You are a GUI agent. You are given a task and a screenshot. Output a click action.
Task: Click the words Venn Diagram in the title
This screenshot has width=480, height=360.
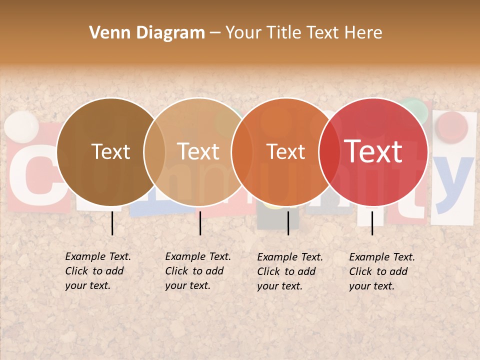pyautogui.click(x=147, y=33)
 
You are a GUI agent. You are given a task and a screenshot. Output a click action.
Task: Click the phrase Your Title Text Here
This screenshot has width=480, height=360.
pyautogui.click(x=303, y=33)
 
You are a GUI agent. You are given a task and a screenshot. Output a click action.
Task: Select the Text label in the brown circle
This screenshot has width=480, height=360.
pyautogui.click(x=110, y=151)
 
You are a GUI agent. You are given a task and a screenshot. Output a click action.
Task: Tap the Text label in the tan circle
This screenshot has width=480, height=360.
pyautogui.click(x=198, y=151)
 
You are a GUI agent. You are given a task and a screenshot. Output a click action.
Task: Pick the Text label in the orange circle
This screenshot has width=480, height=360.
pyautogui.click(x=285, y=151)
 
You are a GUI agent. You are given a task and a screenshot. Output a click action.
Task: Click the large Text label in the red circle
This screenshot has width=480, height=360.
pyautogui.click(x=373, y=151)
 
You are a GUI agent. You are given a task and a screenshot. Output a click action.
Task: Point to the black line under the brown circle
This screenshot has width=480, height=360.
pyautogui.click(x=112, y=223)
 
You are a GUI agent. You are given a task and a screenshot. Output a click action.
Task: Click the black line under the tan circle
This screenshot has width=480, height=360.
pyautogui.click(x=200, y=223)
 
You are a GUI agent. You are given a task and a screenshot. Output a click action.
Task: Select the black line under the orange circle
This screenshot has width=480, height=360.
pyautogui.click(x=288, y=223)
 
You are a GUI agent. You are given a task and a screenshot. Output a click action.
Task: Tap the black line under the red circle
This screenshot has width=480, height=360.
pyautogui.click(x=372, y=223)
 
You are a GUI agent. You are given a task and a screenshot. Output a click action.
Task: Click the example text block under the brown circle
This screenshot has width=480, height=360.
pyautogui.click(x=97, y=271)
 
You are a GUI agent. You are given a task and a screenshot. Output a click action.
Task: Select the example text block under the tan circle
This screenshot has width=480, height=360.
pyautogui.click(x=197, y=271)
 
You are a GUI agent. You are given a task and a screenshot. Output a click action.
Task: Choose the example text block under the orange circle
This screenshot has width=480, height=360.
pyautogui.click(x=289, y=271)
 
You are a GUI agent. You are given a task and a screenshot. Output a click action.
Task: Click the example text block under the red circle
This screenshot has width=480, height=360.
pyautogui.click(x=381, y=271)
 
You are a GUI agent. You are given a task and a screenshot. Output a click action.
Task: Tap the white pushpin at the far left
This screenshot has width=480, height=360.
pyautogui.click(x=21, y=126)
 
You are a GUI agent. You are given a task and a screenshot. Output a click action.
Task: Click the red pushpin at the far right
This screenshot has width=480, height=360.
pyautogui.click(x=451, y=125)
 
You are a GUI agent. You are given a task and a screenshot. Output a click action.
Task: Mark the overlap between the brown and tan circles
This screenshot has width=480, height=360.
pyautogui.click(x=154, y=151)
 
